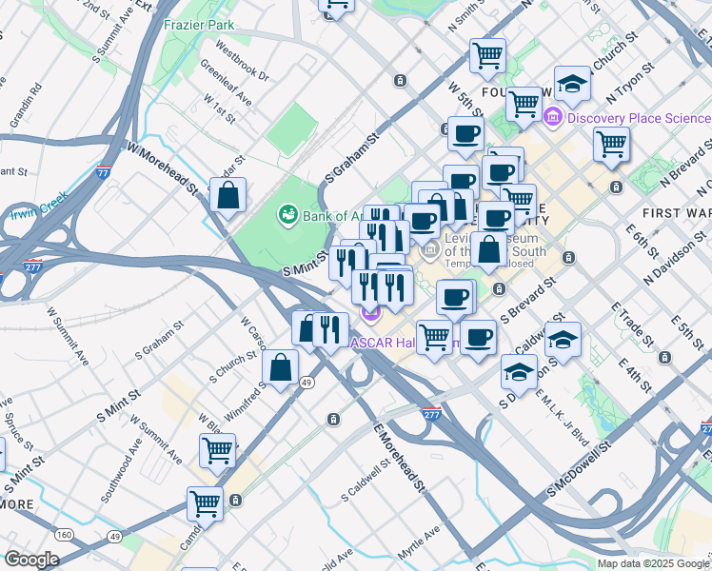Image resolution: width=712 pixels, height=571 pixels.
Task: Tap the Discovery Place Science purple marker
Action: tap(553, 118)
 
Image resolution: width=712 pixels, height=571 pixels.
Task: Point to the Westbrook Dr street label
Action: tap(243, 59)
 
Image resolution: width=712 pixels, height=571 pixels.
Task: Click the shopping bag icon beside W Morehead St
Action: tap(228, 197)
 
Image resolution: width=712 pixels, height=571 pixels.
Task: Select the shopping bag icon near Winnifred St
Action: tap(280, 368)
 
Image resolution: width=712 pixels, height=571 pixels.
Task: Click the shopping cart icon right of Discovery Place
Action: tap(611, 145)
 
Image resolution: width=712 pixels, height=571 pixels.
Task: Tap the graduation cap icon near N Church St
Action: tap(572, 84)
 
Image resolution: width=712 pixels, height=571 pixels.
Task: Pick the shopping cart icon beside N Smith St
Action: tap(487, 54)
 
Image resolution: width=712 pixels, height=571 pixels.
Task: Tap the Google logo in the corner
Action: tap(32, 559)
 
